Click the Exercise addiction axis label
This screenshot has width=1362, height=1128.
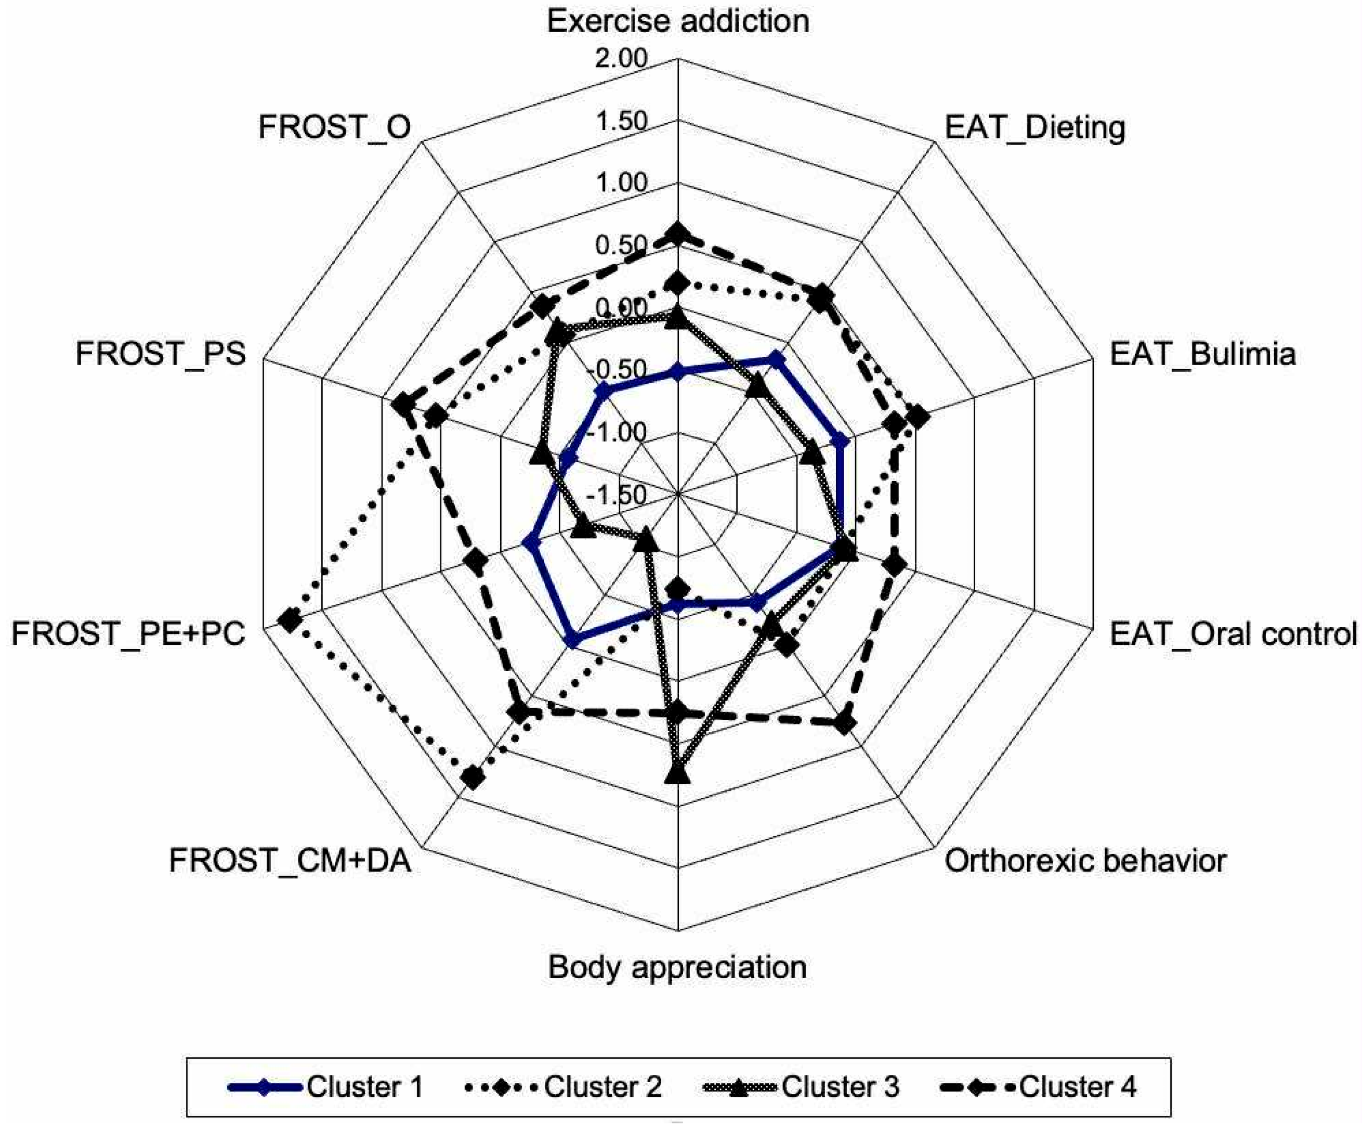(678, 21)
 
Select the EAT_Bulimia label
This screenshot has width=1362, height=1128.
(1202, 354)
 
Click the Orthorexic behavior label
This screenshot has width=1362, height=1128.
(1085, 861)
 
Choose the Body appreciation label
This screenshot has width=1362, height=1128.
(678, 967)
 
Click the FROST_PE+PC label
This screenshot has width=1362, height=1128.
(128, 634)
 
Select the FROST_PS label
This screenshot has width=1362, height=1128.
(161, 354)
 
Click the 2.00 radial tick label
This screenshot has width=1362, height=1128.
(621, 59)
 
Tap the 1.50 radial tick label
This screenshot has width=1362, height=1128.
(621, 121)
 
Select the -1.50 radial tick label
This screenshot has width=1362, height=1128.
(618, 495)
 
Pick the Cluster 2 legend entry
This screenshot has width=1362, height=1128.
(564, 1086)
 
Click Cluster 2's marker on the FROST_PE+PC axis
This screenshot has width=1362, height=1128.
(289, 621)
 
